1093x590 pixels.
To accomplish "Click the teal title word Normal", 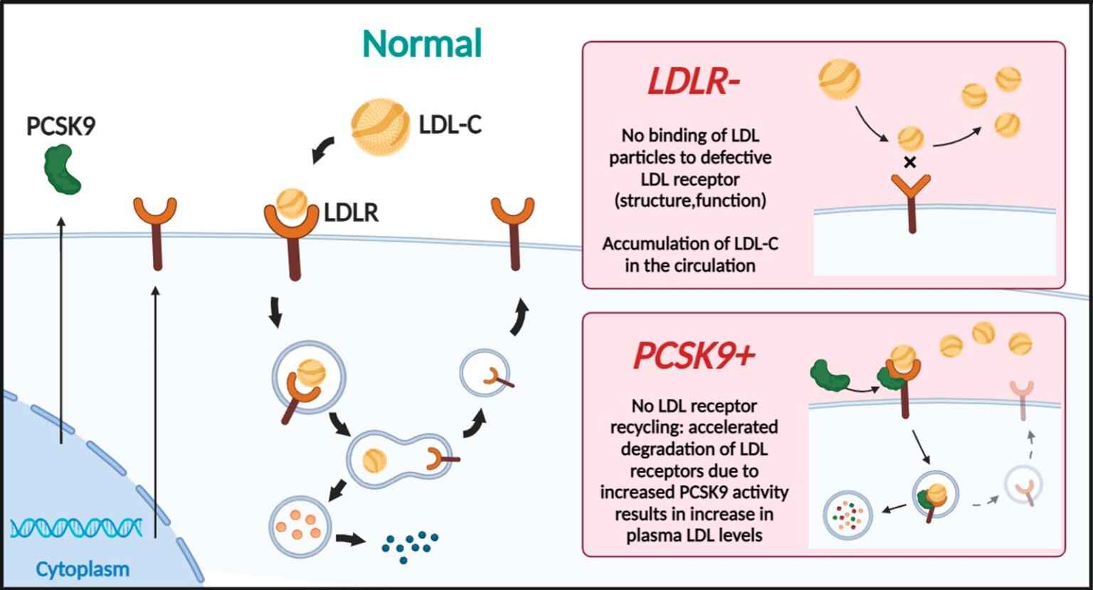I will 422,44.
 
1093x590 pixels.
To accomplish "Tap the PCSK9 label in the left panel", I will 60,127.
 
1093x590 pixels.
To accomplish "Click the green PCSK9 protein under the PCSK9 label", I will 63,168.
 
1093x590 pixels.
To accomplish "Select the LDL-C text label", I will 450,125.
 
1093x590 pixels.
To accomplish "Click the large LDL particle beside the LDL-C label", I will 381,127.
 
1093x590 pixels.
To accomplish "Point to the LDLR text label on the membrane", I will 351,213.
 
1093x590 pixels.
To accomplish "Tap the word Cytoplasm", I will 83,569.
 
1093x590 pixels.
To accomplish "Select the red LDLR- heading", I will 693,82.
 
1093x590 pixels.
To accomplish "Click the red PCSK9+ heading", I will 693,355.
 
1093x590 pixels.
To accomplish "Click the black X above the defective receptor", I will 909,163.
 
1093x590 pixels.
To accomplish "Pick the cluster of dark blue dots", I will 409,545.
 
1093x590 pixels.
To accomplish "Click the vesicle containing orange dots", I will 300,527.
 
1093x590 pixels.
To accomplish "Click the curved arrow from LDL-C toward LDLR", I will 324,149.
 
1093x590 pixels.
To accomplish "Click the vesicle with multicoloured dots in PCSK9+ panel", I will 848,515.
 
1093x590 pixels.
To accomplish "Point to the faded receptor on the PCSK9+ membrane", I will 1022,398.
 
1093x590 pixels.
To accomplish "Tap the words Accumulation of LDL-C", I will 690,244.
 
